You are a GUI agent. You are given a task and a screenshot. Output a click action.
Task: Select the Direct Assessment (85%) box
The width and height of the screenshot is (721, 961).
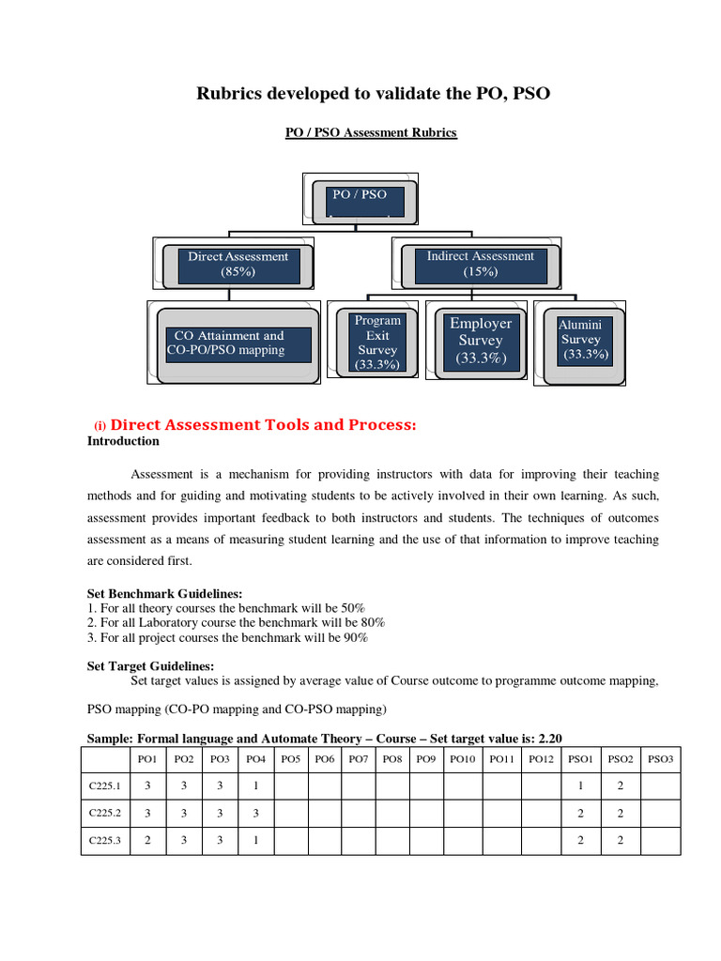click(238, 264)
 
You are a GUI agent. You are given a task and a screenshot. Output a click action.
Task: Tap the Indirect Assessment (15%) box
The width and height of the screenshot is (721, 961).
click(480, 264)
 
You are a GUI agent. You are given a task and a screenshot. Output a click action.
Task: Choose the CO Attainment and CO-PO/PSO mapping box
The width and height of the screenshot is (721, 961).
click(238, 343)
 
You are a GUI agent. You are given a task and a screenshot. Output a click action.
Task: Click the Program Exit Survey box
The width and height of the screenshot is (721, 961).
click(377, 342)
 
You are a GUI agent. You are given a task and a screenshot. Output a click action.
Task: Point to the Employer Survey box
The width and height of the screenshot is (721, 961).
click(480, 341)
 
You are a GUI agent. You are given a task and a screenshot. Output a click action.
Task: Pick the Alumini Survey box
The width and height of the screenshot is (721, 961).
click(583, 340)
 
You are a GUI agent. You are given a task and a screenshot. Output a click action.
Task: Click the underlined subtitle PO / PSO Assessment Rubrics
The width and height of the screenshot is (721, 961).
click(371, 133)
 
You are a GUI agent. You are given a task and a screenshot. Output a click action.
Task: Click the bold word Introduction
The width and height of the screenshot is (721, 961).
click(123, 441)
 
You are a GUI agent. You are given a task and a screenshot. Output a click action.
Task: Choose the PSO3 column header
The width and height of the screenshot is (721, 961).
click(661, 758)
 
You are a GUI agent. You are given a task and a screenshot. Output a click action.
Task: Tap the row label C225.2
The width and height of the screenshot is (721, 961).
click(105, 813)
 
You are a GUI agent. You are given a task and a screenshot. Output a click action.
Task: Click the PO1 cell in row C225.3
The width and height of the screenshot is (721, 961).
click(148, 841)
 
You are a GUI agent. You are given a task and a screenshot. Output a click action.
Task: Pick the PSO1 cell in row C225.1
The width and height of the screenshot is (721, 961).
click(581, 785)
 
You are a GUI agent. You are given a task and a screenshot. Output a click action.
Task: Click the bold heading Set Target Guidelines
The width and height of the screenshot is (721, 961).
click(151, 665)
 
